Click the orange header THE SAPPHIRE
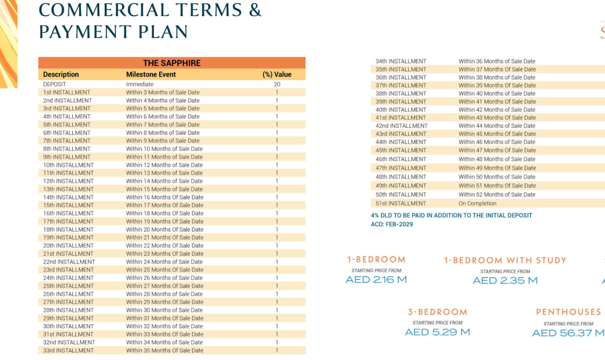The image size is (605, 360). click(172, 63)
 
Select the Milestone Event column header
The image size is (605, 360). click(151, 75)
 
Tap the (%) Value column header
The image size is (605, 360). click(277, 75)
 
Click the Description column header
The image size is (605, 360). click(61, 75)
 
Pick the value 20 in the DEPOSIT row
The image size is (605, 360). click(277, 85)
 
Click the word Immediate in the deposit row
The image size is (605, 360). click(139, 85)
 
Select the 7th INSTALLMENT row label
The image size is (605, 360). click(67, 141)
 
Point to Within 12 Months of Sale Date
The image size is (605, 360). click(164, 165)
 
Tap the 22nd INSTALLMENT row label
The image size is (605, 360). click(69, 262)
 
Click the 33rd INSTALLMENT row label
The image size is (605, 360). click(69, 351)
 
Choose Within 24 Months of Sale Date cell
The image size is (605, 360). click(164, 262)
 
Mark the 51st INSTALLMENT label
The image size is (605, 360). click(401, 204)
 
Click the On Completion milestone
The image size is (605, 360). click(477, 204)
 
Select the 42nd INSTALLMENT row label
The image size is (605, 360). click(401, 126)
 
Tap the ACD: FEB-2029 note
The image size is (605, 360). click(392, 224)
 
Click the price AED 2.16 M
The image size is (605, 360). click(376, 280)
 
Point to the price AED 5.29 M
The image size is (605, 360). click(437, 332)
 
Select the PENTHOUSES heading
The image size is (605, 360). click(568, 312)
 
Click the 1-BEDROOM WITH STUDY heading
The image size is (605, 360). click(505, 260)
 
